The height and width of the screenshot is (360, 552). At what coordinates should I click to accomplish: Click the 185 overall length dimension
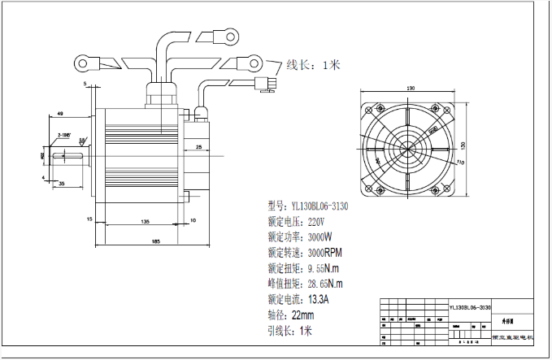[155, 240]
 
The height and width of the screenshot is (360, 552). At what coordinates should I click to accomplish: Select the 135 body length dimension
[144, 220]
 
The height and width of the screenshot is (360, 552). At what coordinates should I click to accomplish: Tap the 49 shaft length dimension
[61, 113]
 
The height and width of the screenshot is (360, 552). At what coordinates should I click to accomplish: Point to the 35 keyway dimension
[61, 184]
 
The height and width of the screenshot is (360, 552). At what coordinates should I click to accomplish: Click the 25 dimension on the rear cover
[199, 147]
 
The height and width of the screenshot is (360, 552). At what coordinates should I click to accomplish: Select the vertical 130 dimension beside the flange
[463, 146]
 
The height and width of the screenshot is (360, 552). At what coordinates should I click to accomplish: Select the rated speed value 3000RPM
[324, 252]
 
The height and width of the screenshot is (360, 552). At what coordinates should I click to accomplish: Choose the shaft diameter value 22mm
[302, 315]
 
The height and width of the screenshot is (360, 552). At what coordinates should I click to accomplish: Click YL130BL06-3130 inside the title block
[470, 308]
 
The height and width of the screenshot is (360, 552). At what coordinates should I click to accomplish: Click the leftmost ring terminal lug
[85, 61]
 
